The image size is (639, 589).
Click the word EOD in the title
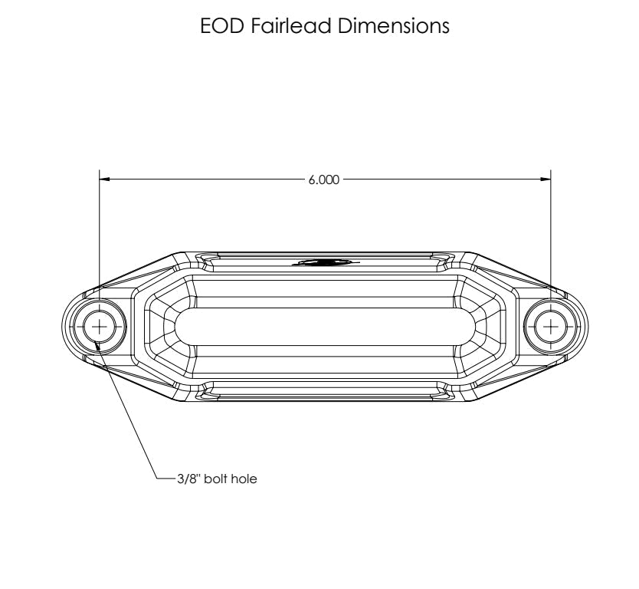pyautogui.click(x=223, y=26)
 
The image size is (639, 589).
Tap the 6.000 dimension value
pyautogui.click(x=323, y=180)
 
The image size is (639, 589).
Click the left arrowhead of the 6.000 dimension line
pyautogui.click(x=105, y=180)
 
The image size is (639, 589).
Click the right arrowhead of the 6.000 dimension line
pyautogui.click(x=546, y=180)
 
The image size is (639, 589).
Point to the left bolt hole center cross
pyautogui.click(x=99, y=326)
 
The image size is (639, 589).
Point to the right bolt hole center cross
pyautogui.click(x=551, y=326)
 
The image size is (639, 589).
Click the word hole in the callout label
pyautogui.click(x=243, y=479)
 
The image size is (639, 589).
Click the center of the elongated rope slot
pyautogui.click(x=325, y=326)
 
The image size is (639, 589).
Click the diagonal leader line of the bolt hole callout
pyautogui.click(x=126, y=414)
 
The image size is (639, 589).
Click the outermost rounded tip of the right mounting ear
pyautogui.click(x=587, y=326)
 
